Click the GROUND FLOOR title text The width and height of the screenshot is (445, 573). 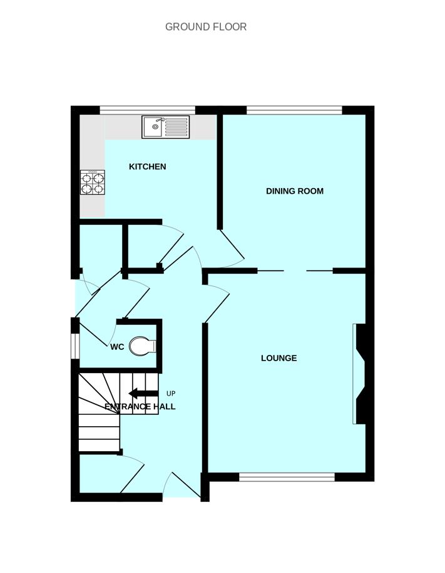pos(206,27)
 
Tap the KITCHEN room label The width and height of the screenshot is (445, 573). pos(147,167)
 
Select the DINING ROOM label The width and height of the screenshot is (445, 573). pos(295,191)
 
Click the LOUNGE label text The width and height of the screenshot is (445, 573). pos(279,358)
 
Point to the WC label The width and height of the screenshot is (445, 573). pos(117,347)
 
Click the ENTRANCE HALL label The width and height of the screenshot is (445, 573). pos(140,407)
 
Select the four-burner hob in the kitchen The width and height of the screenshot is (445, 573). pos(92,182)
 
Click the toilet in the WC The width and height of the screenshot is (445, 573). pos(142,346)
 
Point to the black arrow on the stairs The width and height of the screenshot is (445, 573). pos(143,393)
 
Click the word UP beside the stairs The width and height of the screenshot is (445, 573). pos(171,394)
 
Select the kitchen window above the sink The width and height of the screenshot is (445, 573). pos(147,111)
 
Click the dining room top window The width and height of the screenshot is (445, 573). pos(294,111)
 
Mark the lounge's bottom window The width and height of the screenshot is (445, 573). pos(287,477)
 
